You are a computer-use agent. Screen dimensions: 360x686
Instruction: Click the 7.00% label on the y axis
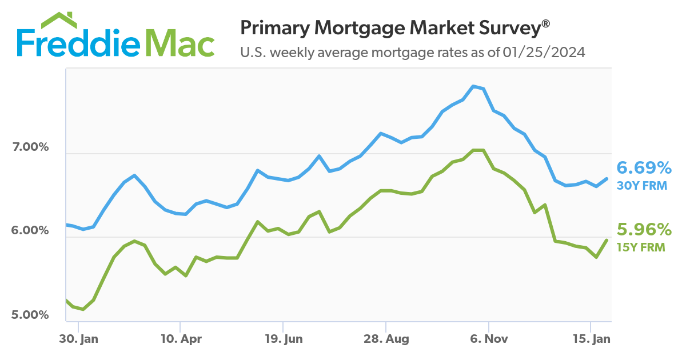point(30,147)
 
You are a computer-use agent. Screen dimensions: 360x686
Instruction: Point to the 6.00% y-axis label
point(30,231)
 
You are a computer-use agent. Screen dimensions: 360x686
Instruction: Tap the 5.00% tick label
point(30,315)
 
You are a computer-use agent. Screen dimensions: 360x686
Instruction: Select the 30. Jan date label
point(79,339)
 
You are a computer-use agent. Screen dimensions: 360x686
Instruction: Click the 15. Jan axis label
point(591,339)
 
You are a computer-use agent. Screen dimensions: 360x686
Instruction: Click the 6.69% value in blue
point(643,168)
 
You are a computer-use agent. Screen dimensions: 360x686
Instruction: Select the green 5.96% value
point(643,230)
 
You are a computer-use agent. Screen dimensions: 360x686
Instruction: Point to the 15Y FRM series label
point(641,247)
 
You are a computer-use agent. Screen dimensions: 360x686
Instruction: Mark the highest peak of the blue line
point(473,86)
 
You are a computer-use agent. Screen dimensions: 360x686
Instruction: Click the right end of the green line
point(607,240)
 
